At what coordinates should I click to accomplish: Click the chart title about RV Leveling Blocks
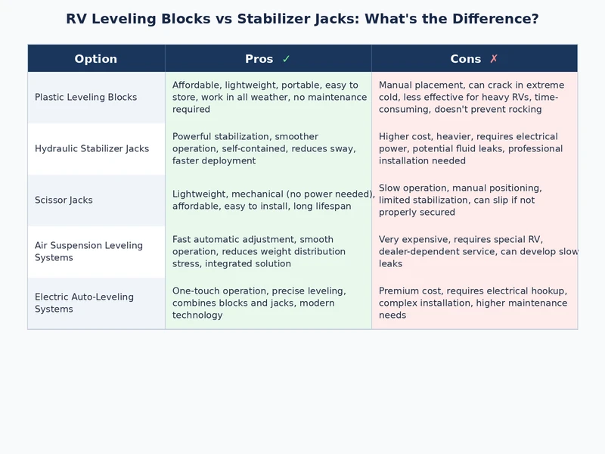pyautogui.click(x=302, y=19)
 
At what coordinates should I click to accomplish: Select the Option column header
pyautogui.click(x=96, y=59)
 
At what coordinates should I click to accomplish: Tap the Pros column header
pyautogui.click(x=259, y=59)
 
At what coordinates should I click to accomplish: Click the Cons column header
pyautogui.click(x=466, y=59)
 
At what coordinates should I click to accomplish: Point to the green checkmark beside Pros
pyautogui.click(x=286, y=59)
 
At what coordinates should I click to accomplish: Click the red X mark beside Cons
pyautogui.click(x=494, y=59)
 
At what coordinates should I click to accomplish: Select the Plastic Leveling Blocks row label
pyautogui.click(x=85, y=98)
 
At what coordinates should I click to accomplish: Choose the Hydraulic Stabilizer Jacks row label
pyautogui.click(x=92, y=149)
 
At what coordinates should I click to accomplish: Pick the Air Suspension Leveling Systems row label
pyautogui.click(x=88, y=252)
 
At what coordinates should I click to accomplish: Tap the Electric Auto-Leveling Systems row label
pyautogui.click(x=84, y=303)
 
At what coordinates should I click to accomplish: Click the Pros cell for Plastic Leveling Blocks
pyautogui.click(x=268, y=98)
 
